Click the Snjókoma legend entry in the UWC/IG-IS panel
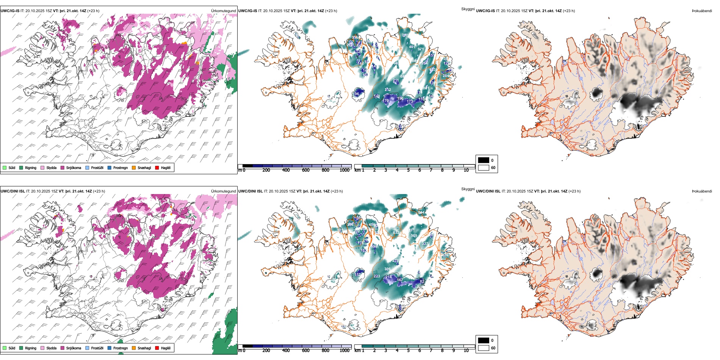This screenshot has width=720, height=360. pyautogui.click(x=74, y=168)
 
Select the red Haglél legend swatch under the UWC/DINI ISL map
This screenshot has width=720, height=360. pyautogui.click(x=157, y=348)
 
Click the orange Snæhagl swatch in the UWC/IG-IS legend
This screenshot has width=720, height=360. pyautogui.click(x=134, y=168)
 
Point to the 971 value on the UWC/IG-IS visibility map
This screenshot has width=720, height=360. pyautogui.click(x=421, y=49)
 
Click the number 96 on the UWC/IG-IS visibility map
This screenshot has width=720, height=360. pyautogui.click(x=357, y=94)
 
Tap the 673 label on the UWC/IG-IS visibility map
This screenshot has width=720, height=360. pyautogui.click(x=432, y=70)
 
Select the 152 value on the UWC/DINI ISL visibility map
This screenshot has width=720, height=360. pyautogui.click(x=358, y=275)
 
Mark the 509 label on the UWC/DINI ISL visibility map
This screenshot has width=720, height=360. pyautogui.click(x=414, y=236)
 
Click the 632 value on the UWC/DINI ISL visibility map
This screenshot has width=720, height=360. pyautogui.click(x=396, y=233)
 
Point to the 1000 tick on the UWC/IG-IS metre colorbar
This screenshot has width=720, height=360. pyautogui.click(x=344, y=171)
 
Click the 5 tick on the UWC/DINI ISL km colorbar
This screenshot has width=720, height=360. pyautogui.click(x=409, y=351)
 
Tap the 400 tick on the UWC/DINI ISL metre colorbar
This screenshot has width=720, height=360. pyautogui.click(x=286, y=351)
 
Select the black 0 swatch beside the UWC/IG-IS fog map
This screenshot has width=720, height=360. pyautogui.click(x=484, y=160)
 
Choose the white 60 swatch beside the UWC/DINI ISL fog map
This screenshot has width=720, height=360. pyautogui.click(x=484, y=348)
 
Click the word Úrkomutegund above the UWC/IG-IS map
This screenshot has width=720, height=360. pyautogui.click(x=224, y=11)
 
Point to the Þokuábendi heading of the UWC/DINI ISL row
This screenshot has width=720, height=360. pyautogui.click(x=702, y=191)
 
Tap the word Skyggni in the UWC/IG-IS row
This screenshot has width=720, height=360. pyautogui.click(x=468, y=9)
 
